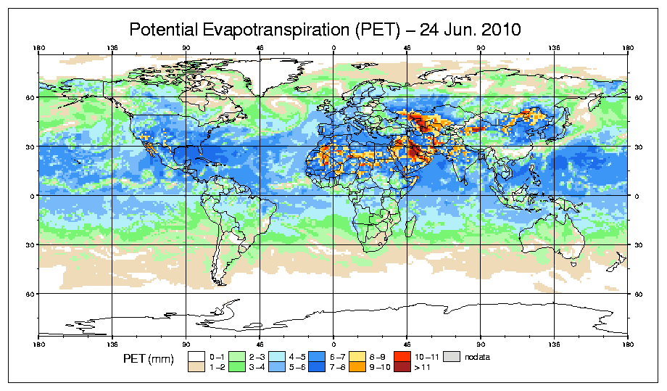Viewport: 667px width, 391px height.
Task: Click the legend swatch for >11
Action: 402,368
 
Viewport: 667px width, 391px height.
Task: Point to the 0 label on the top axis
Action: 333,49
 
